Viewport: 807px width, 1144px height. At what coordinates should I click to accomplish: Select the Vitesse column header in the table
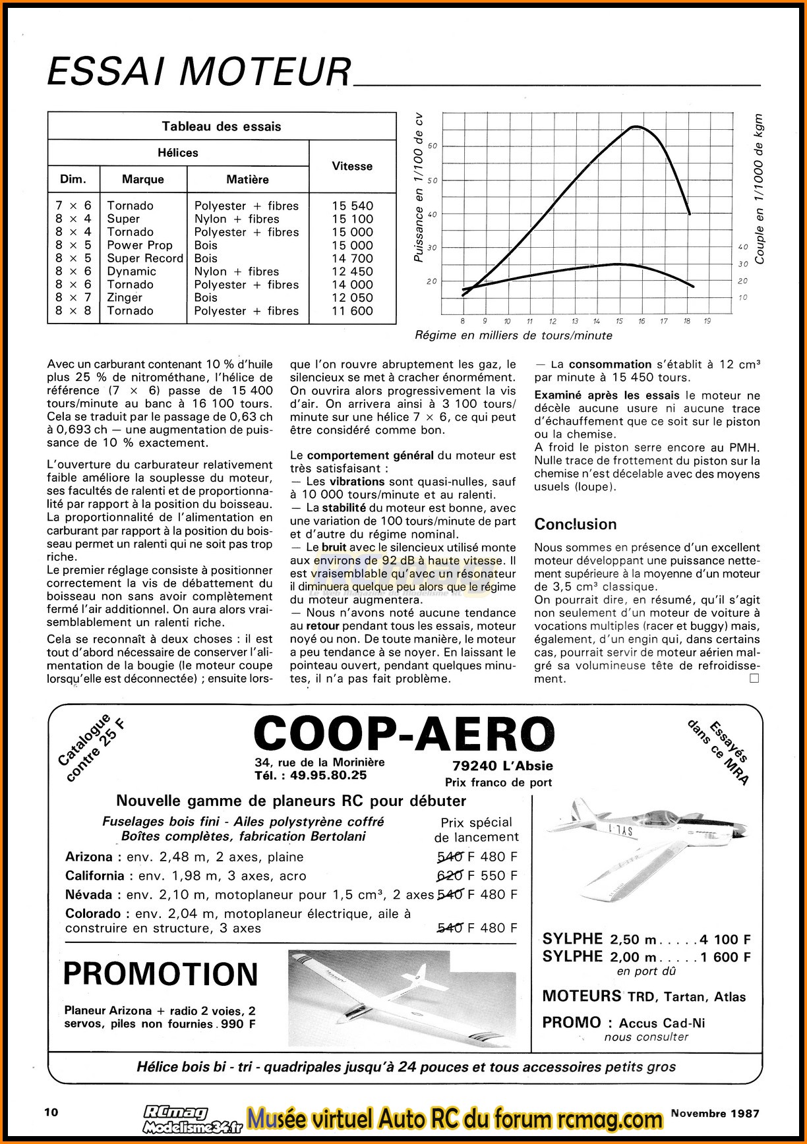pos(352,166)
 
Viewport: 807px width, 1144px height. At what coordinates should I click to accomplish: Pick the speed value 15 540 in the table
pos(352,206)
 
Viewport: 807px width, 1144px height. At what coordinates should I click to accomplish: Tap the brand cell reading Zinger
pos(125,298)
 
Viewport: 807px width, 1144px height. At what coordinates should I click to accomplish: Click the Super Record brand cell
pos(145,258)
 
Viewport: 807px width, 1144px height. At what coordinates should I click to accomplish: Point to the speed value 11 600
pos(352,311)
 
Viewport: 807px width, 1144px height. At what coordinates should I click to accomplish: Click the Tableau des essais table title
pos(222,127)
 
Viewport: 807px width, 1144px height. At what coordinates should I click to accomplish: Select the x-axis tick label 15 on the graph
pos(619,322)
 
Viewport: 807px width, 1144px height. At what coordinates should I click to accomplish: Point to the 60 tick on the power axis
pos(433,146)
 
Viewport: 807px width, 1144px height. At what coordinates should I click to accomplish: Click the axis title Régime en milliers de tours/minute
pos(514,335)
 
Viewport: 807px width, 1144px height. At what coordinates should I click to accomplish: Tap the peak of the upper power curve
pos(635,127)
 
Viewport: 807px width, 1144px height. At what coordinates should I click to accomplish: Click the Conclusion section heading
pos(576,525)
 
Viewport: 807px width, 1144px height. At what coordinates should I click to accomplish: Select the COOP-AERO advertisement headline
pos(403,733)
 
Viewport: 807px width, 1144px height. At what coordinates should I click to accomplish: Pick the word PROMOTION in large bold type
pos(161,973)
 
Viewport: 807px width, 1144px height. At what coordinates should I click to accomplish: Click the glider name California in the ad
pos(95,876)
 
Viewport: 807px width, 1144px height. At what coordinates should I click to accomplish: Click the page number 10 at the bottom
pos(51,1112)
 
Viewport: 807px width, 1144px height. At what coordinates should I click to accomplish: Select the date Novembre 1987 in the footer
pos(715,1113)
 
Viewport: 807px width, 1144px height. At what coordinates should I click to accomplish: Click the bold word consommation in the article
pos(610,364)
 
